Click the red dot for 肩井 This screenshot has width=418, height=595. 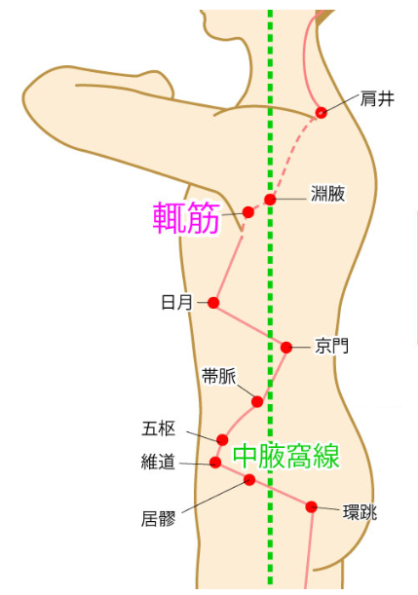(x=322, y=112)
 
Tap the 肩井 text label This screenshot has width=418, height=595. (x=377, y=98)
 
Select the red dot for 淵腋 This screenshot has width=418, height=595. (x=270, y=200)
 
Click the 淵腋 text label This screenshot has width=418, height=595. (x=327, y=194)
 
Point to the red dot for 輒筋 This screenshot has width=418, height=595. (x=248, y=212)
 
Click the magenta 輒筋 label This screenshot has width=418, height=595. (x=186, y=217)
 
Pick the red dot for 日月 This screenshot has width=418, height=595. (x=213, y=303)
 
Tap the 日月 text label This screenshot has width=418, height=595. (x=177, y=303)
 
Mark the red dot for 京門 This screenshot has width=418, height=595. (x=286, y=347)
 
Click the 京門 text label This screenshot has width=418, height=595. (x=331, y=346)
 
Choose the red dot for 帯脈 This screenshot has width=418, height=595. (x=257, y=401)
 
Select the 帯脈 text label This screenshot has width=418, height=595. (x=219, y=377)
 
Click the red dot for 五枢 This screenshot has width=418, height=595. (x=222, y=440)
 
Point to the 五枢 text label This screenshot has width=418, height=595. (x=159, y=428)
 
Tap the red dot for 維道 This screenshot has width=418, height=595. (x=215, y=463)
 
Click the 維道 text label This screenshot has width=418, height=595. (x=158, y=462)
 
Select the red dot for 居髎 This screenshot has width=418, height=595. (x=249, y=480)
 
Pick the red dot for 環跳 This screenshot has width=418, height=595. (x=312, y=506)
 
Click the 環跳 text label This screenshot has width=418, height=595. (x=360, y=512)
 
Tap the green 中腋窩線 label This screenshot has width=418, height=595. (x=286, y=457)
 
